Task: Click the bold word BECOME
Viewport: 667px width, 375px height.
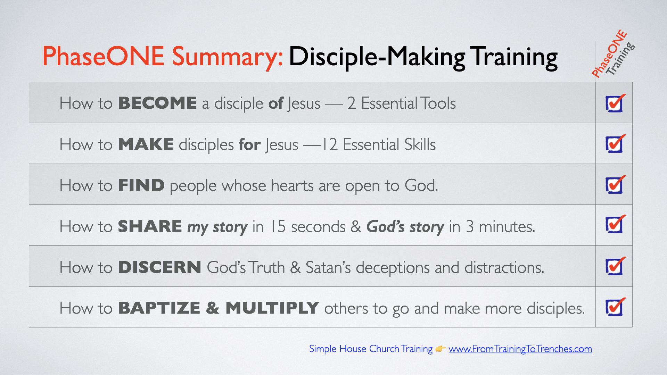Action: tap(157, 103)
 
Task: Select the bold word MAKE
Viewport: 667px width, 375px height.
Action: tap(146, 144)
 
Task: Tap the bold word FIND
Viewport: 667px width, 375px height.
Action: tap(141, 185)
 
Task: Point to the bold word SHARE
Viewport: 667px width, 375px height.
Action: tap(150, 226)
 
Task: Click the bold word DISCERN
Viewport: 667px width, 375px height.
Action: tap(159, 267)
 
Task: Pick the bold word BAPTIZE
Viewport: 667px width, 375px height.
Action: tap(159, 308)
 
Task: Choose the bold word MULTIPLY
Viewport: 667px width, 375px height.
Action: tap(272, 308)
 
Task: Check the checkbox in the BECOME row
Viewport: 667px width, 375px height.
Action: tap(614, 103)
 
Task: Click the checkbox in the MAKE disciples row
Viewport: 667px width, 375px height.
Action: tap(614, 144)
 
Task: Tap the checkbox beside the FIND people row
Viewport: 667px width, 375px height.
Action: tap(614, 185)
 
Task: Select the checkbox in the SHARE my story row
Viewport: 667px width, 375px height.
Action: tap(614, 225)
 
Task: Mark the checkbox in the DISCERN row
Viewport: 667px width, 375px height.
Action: tap(614, 266)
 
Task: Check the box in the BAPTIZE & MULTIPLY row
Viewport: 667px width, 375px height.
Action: tap(614, 307)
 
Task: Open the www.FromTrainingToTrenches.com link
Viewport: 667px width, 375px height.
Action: tap(520, 349)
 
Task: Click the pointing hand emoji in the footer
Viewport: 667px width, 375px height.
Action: tap(440, 349)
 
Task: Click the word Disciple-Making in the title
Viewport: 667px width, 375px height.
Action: tap(377, 57)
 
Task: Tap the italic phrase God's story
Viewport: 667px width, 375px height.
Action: tap(405, 226)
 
